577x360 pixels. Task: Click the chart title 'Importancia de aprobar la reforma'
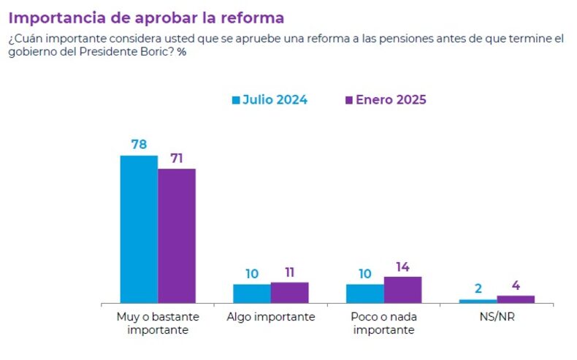[x=146, y=17]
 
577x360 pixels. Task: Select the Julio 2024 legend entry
[x=270, y=100]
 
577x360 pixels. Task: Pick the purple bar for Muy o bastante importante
[x=177, y=235]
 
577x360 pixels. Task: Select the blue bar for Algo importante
[x=252, y=293]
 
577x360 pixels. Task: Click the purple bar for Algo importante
[x=290, y=292]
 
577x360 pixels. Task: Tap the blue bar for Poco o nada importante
[x=364, y=293]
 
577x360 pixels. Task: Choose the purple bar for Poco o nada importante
[x=402, y=289]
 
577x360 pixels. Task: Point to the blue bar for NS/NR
[x=478, y=301]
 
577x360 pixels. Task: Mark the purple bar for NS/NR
[x=516, y=299]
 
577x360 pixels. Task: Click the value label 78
[x=139, y=144]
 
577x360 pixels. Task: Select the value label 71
[x=177, y=157]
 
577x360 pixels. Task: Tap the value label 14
[x=402, y=266]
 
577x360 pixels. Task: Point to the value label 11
[x=290, y=272]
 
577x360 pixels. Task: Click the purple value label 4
[x=516, y=285]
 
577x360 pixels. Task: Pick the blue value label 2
[x=478, y=288]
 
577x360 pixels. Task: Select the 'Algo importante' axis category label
[x=271, y=317]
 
